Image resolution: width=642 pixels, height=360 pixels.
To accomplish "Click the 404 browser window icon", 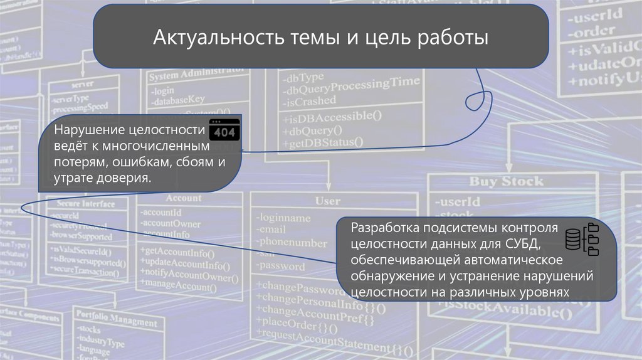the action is pyautogui.click(x=224, y=131).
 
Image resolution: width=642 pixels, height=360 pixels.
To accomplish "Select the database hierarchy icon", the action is pyautogui.click(x=582, y=240).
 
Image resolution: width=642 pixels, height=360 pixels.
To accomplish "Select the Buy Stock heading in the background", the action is pyautogui.click(x=507, y=182).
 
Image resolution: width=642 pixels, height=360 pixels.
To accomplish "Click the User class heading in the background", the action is pyautogui.click(x=328, y=201).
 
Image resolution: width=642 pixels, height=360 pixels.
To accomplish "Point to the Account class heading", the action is pyautogui.click(x=183, y=198).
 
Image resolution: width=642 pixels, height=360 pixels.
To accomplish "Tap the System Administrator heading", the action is pyautogui.click(x=196, y=75).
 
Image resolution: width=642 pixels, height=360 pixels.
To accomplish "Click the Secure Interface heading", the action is pyautogui.click(x=85, y=204).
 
